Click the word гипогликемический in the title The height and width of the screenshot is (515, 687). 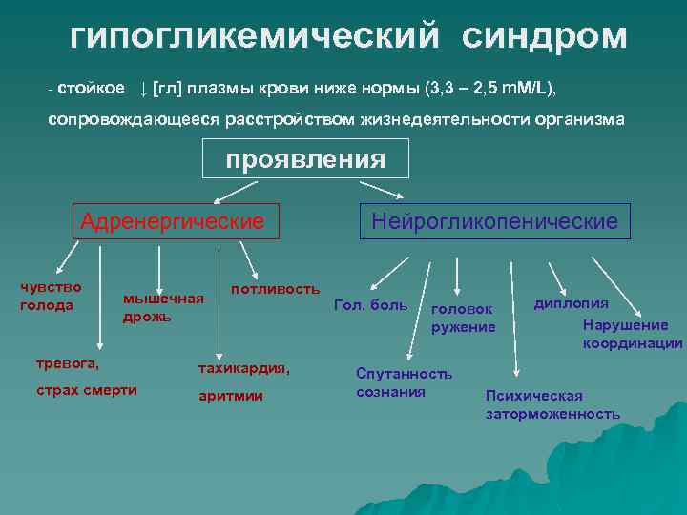(256, 36)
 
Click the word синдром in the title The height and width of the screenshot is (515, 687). (546, 36)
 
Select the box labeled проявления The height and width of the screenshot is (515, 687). (305, 159)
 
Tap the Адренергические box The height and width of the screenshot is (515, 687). (173, 222)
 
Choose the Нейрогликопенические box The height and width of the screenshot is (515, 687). (495, 222)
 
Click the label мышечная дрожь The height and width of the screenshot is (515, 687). (163, 307)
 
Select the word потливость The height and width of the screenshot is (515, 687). (275, 288)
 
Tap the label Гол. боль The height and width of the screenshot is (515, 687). (370, 306)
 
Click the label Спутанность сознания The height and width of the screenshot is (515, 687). (405, 382)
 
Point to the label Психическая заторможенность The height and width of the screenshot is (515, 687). (552, 404)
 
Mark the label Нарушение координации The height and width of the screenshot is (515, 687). (633, 334)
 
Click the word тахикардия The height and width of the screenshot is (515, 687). (243, 367)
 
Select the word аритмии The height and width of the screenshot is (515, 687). (231, 396)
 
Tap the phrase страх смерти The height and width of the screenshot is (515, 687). (87, 390)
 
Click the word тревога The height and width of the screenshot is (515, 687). (68, 362)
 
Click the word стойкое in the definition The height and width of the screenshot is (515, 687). (91, 89)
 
